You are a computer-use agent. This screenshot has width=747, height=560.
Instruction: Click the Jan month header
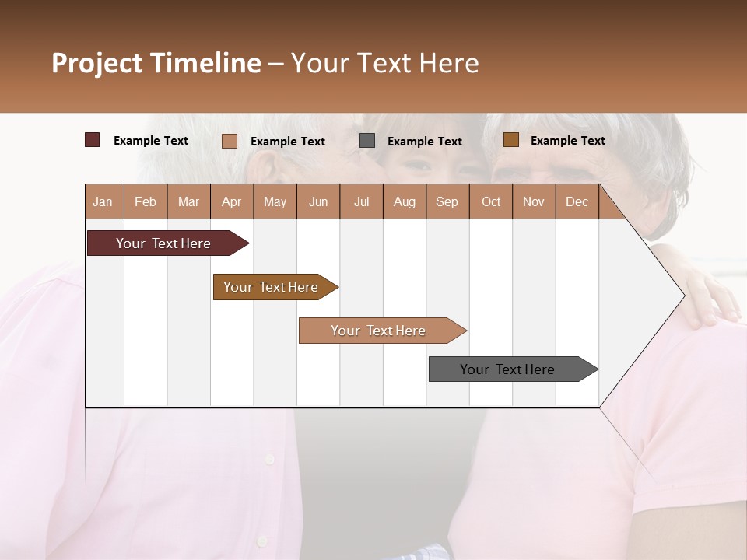103,201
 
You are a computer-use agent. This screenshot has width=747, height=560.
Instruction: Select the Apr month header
232,201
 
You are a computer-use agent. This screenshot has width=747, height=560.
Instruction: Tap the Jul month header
361,201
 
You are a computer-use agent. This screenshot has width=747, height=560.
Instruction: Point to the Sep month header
447,201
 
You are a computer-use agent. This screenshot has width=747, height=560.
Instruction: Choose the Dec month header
577,201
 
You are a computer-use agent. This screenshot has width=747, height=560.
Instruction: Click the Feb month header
146,201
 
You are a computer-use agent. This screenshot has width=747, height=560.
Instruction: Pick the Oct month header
491,201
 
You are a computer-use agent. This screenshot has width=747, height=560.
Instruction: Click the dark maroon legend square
93,140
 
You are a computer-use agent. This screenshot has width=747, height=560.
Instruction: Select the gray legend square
367,141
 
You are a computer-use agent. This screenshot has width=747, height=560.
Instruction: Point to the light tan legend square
230,141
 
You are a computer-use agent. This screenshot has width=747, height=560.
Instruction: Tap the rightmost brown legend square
510,140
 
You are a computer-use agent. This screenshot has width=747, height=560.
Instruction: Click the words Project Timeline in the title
156,63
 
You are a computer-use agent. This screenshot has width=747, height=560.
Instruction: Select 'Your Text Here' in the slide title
384,63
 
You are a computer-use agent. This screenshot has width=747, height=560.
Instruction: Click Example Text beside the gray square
424,142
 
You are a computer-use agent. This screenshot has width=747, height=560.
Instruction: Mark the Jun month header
318,201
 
